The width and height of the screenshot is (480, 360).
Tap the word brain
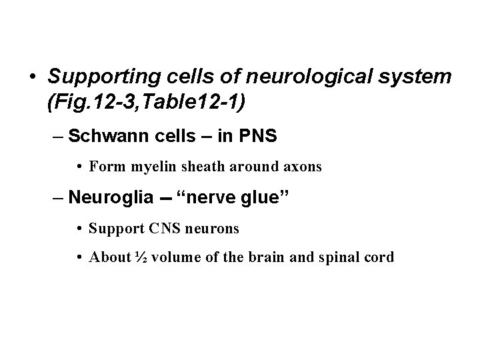(x=257, y=257)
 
